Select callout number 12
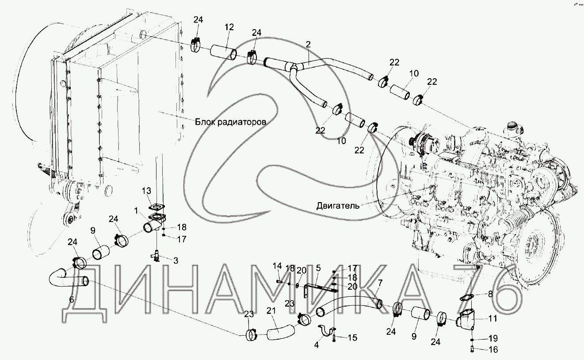[229, 27]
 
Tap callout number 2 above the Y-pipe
[308, 44]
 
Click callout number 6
[72, 299]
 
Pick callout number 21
[270, 312]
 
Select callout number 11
[493, 318]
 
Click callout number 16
[493, 350]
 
